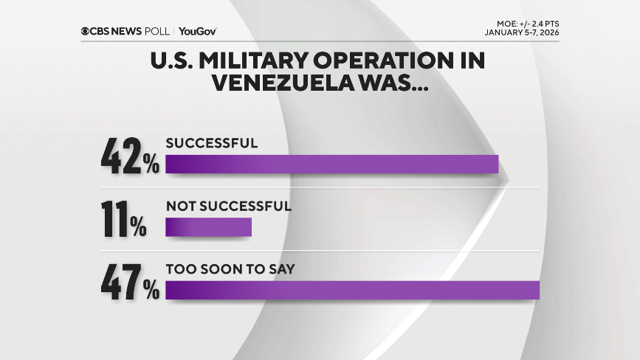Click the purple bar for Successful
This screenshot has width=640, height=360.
(332, 164)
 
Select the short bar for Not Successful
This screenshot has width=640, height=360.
(208, 227)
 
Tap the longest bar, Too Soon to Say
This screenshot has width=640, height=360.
(352, 290)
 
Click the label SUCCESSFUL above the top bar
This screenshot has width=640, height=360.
(211, 143)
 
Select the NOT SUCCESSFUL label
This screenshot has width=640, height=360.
(228, 207)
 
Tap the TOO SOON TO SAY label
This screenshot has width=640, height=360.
(230, 269)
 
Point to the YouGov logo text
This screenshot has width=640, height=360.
(197, 31)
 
